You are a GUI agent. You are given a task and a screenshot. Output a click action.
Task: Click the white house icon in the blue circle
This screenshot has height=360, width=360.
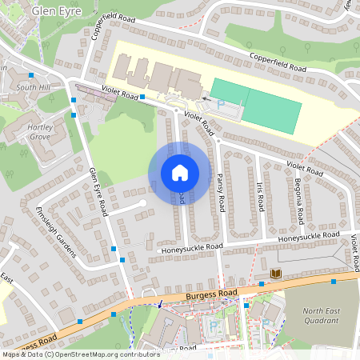[180, 172]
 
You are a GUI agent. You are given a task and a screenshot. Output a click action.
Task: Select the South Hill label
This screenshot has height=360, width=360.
[33, 86]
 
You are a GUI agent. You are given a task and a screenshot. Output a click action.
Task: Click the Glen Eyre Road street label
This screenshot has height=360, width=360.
[98, 192]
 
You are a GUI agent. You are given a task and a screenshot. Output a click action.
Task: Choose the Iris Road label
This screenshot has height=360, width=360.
[261, 197]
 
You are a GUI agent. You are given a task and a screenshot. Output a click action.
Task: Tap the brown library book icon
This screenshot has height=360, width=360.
[276, 274]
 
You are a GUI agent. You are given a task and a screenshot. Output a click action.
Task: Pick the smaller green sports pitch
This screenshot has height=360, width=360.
[230, 90]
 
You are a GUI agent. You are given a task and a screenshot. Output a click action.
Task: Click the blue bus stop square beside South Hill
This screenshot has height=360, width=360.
[74, 100]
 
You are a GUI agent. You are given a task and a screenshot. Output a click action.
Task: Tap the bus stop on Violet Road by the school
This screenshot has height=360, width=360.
[142, 98]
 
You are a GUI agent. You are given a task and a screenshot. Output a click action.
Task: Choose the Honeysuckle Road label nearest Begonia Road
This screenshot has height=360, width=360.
[310, 238]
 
